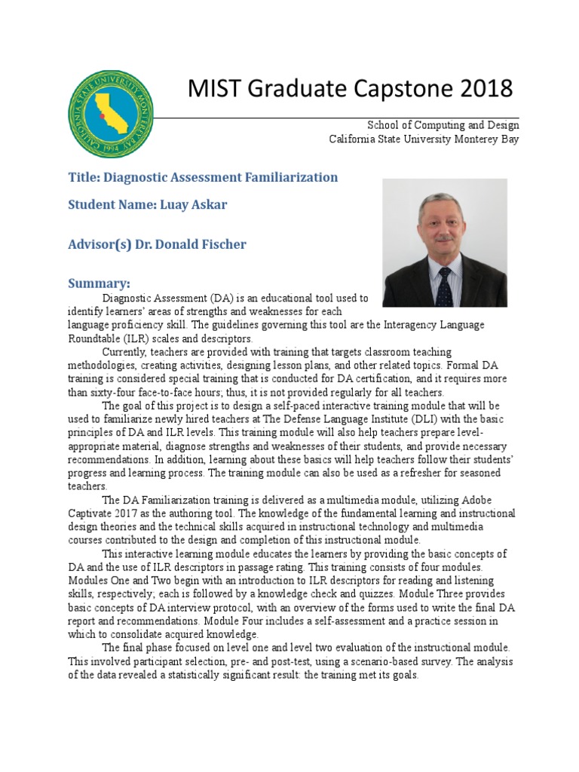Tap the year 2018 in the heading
483,89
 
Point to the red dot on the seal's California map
102,118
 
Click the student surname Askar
210,204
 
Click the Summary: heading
99,283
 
